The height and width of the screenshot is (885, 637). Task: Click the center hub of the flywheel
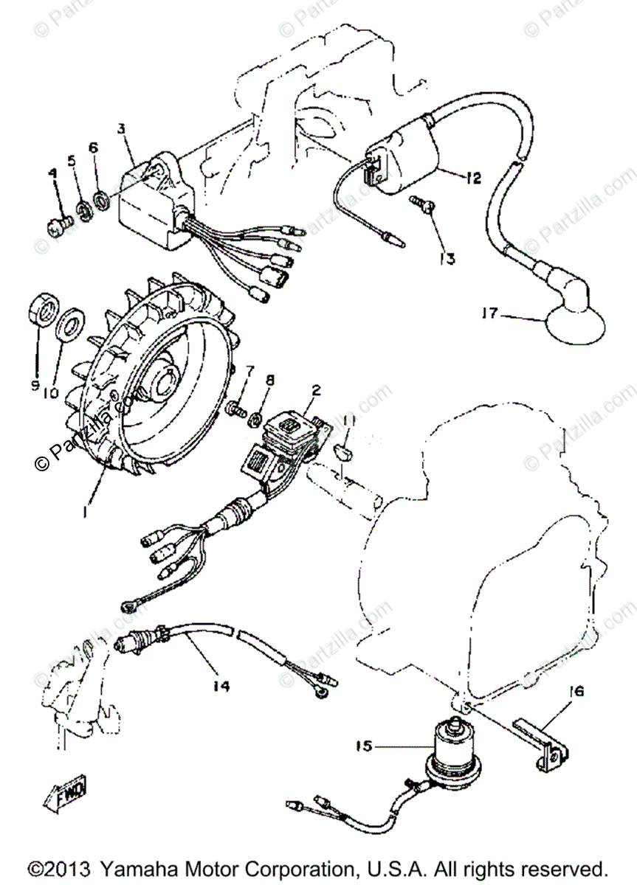pos(163,384)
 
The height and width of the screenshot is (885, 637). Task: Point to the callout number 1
pos(86,510)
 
